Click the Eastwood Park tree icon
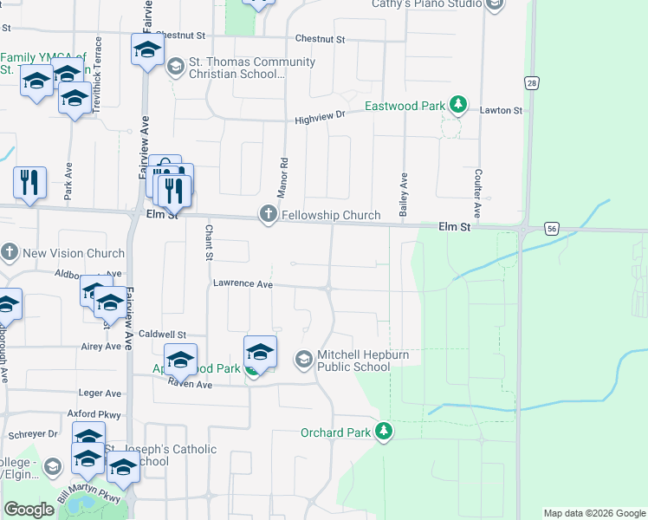click(458, 107)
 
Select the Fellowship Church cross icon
click(269, 215)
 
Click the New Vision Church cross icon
click(10, 253)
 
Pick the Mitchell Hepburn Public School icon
click(304, 358)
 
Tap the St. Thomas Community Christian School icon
click(174, 67)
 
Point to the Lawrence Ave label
click(243, 283)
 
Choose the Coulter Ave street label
click(477, 193)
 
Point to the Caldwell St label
click(163, 334)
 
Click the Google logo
click(29, 510)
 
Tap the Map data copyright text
click(593, 513)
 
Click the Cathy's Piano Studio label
click(427, 4)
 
